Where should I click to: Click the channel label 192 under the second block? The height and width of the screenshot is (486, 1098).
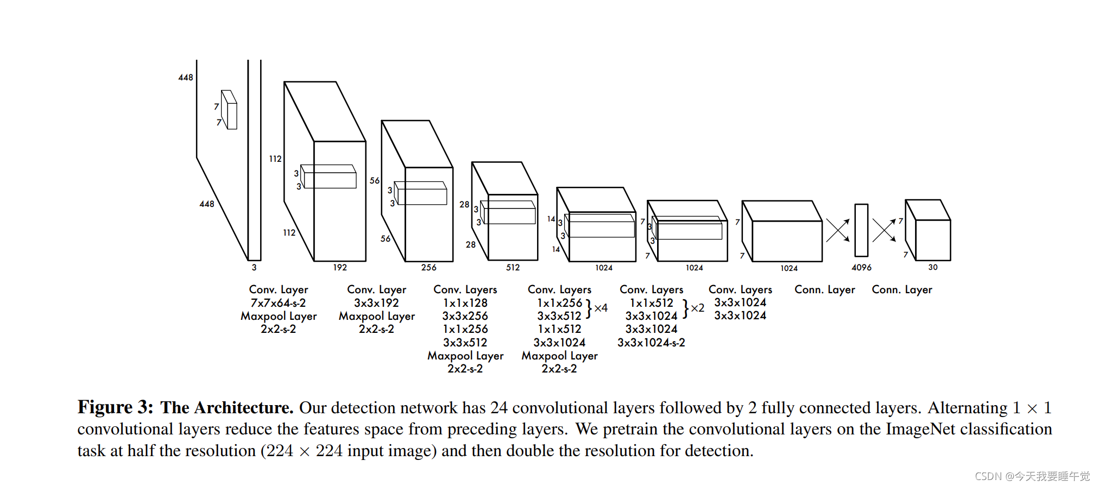point(340,267)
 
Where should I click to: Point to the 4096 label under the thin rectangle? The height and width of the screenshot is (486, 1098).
point(861,267)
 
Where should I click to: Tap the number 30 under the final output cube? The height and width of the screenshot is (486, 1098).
point(933,267)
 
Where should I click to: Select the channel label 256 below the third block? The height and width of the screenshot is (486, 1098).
point(428,267)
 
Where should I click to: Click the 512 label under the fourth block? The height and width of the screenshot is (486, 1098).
point(513,267)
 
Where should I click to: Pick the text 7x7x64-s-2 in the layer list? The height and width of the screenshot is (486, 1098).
point(278,303)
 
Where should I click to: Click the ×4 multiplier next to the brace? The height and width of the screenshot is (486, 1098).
point(601,308)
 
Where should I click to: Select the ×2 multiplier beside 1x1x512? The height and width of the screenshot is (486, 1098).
point(697,308)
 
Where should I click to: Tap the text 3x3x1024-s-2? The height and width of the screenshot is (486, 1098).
point(651,343)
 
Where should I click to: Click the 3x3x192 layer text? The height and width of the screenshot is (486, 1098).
point(376,303)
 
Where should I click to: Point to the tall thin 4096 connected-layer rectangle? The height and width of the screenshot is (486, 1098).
point(861,230)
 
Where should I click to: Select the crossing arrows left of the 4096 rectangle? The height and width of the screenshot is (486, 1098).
point(838,231)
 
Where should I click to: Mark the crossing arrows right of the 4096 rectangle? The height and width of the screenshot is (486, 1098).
point(884,230)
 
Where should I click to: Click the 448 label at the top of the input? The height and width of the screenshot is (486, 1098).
point(186,78)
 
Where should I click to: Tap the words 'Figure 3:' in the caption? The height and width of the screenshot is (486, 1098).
point(115,407)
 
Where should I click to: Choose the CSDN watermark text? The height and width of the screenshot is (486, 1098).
point(1032,476)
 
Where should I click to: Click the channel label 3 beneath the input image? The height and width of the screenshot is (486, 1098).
point(254,267)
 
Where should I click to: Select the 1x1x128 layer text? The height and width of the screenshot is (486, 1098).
point(465,303)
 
